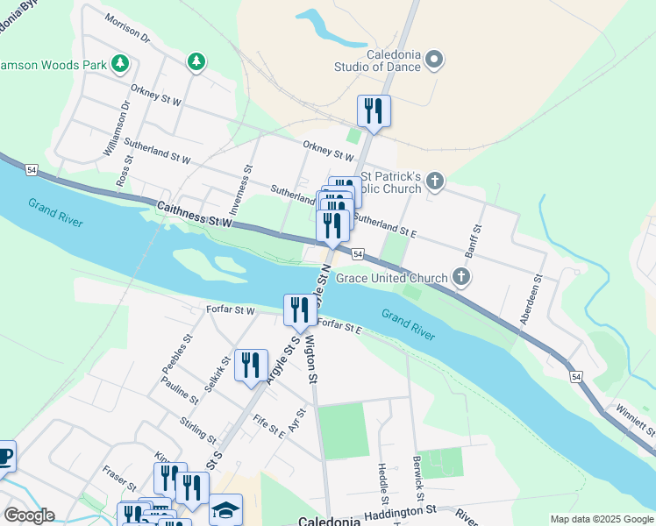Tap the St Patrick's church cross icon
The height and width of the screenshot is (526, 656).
point(435,181)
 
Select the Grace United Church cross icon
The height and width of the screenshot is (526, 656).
point(461,278)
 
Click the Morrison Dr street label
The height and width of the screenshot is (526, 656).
point(127,28)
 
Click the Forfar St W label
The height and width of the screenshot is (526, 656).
point(231,310)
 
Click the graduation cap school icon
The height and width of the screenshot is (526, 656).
point(225,509)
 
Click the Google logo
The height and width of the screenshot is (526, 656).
point(28,515)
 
